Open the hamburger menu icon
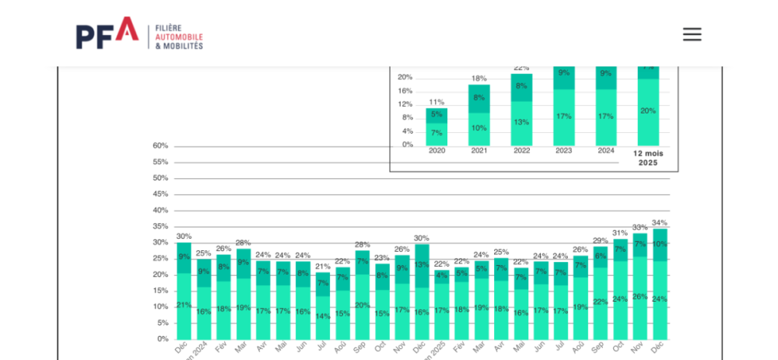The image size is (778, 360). coord(692,34)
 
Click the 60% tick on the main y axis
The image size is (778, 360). coord(160,145)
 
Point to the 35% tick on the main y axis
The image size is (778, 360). coord(160,226)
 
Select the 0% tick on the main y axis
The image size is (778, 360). coord(163,338)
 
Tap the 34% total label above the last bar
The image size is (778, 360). coord(659,222)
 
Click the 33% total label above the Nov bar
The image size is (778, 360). coord(640,227)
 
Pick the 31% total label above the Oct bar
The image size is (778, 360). coord(619,232)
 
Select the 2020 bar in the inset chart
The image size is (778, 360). coord(436,127)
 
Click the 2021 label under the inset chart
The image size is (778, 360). coord(478,151)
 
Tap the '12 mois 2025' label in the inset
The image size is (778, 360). coord(647,158)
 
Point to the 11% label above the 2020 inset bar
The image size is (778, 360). coord(436,102)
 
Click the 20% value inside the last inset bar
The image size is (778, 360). coord(647,110)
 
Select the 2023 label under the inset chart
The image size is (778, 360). coord(563,151)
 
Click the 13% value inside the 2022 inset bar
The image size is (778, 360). coord(521,122)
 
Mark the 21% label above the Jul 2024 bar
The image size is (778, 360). coord(322,266)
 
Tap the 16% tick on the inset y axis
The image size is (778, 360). coord(405,90)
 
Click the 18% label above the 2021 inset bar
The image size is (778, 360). coord(478,79)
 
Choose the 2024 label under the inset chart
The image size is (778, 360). coord(605,151)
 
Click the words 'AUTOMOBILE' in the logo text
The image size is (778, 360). coord(179,37)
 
